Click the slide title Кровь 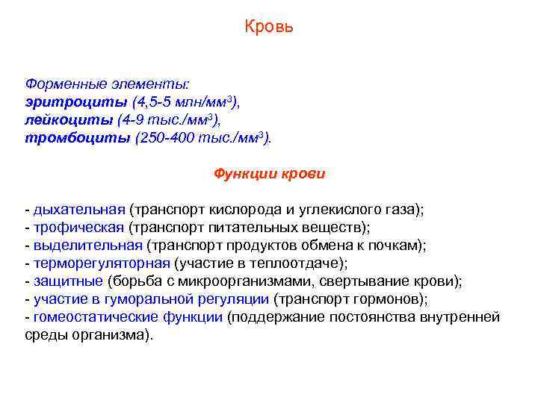(x=269, y=28)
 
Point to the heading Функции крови (x=269, y=174)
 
